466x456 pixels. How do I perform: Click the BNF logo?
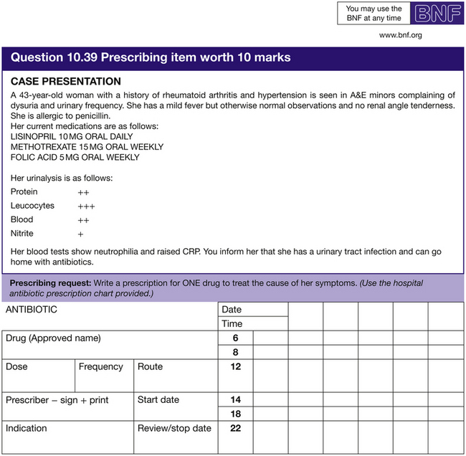pos(434,14)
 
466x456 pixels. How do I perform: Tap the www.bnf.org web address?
pos(400,34)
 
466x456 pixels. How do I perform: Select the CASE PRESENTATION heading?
pos(66,82)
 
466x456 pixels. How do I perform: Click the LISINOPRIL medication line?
pos(72,136)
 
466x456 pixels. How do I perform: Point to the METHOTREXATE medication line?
pos(87,147)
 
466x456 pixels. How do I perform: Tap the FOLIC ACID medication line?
pos(75,158)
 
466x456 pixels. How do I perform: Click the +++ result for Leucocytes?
pos(87,206)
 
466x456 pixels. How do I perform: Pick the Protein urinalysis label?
pos(24,192)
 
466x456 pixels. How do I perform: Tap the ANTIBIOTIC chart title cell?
pos(32,310)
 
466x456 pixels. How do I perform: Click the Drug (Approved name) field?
pos(53,338)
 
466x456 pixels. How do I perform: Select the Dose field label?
pos(17,366)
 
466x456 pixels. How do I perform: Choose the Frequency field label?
pos(101,366)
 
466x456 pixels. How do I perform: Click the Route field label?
pos(151,366)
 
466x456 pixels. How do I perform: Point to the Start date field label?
pos(158,399)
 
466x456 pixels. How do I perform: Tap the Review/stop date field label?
pos(174,428)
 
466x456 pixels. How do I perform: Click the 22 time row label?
pos(235,428)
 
